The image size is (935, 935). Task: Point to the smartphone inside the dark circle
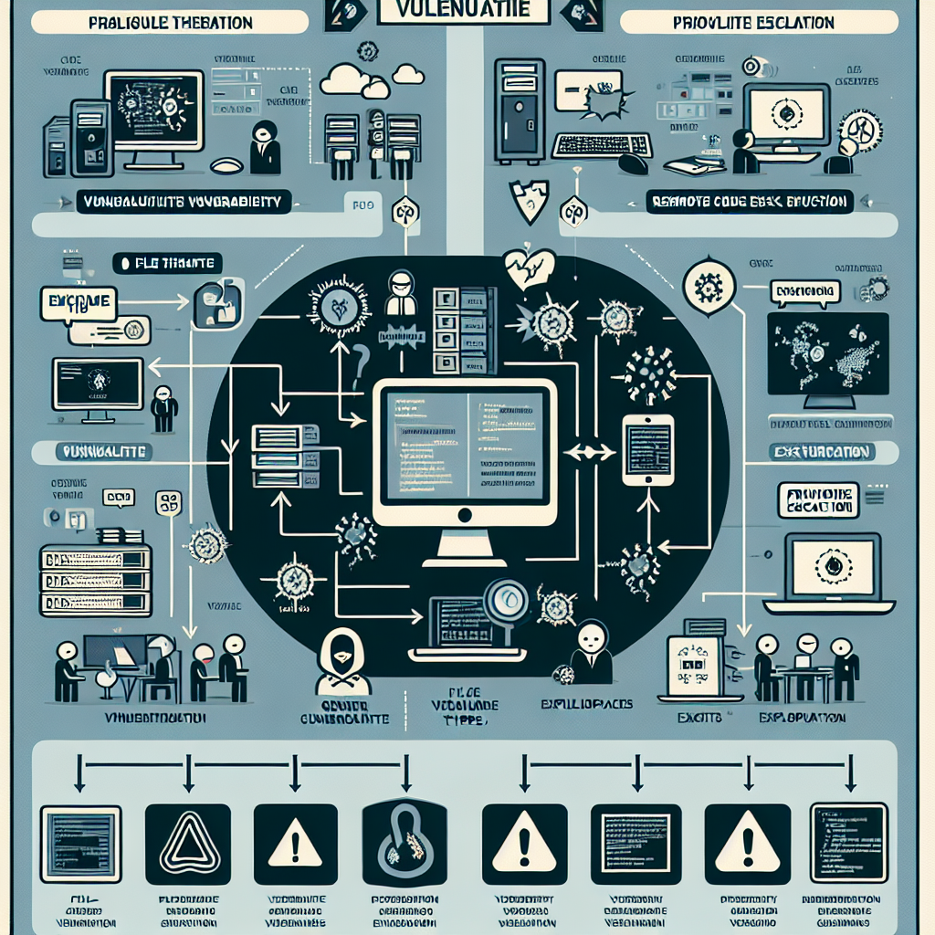point(647,449)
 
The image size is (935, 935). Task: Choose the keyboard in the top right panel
point(602,145)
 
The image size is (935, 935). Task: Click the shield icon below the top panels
point(530,200)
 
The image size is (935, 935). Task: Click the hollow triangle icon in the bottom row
point(188,844)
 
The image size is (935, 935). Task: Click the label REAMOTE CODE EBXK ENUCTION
point(747,201)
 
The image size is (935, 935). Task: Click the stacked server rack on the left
point(95,580)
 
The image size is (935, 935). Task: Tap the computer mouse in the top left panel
point(226,166)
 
